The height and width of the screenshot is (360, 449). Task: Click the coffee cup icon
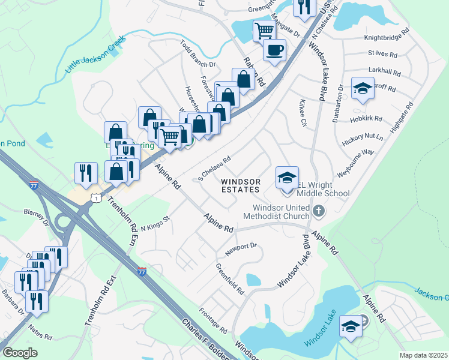tap(274, 50)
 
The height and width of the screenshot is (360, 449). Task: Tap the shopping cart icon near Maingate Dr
tap(264, 30)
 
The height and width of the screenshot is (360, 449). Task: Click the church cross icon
tap(318, 211)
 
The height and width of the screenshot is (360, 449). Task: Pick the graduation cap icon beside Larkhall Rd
tap(362, 89)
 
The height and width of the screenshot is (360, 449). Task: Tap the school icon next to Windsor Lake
tap(351, 326)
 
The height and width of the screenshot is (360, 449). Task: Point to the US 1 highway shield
tap(94, 197)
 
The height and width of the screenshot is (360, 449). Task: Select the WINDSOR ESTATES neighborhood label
tap(240, 185)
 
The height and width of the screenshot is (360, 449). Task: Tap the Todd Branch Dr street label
tap(198, 55)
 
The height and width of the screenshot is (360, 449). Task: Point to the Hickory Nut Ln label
tap(362, 142)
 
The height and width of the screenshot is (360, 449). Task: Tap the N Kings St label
tap(156, 223)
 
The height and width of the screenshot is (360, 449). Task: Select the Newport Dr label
tap(241, 246)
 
